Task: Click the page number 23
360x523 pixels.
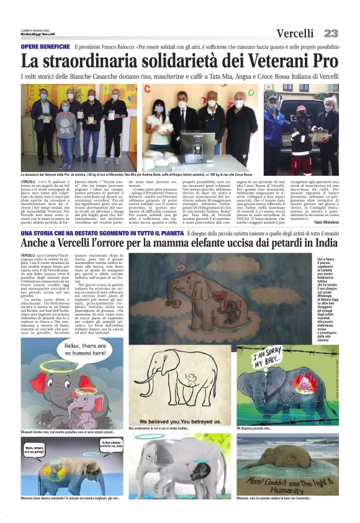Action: pyautogui.click(x=331, y=33)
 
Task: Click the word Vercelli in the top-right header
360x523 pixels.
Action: pyautogui.click(x=299, y=33)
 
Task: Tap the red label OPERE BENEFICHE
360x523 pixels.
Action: pyautogui.click(x=45, y=47)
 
